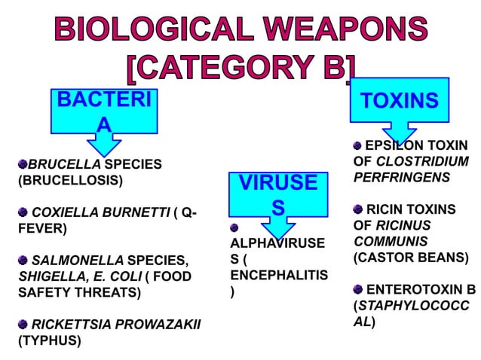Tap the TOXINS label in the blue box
tap(400, 101)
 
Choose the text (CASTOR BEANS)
tap(411, 258)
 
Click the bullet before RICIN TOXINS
tap(358, 209)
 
